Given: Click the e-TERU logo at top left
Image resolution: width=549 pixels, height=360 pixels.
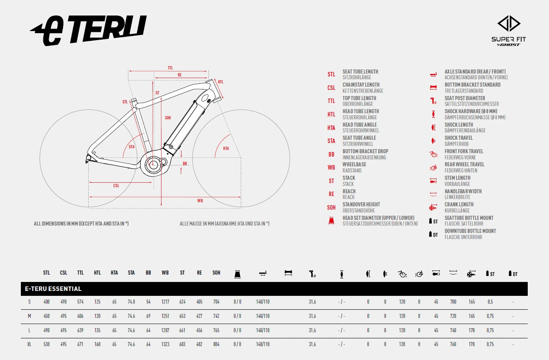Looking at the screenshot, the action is pos(88,30).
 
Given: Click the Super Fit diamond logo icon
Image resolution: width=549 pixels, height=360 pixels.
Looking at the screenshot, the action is pos(509,23).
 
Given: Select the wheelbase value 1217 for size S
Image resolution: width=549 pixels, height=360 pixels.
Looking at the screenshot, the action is pos(165,302).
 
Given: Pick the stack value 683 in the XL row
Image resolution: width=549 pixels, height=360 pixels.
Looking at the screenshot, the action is pos(182,344).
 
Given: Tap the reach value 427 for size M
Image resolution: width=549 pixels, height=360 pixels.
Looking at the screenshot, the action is pos(199,316).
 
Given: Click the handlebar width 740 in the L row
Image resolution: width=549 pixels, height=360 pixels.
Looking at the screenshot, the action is pos(453,330).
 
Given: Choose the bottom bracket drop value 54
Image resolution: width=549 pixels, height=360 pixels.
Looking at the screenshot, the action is pos(148,302).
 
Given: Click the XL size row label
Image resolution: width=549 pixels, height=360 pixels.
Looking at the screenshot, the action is pos(29,344).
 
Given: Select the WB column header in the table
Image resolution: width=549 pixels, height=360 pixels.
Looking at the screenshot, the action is pos(165,273).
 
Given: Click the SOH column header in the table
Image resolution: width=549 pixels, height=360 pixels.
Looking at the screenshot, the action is pos(216,273).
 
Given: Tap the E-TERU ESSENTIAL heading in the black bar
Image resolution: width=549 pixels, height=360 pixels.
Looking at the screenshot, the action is pos(53,288).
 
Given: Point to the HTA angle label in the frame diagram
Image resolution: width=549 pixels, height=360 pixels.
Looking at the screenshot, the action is pos(226,148).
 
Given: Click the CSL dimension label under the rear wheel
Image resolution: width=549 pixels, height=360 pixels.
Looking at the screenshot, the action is pos(116,186).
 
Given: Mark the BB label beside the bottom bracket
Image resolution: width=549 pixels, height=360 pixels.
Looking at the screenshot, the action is pos(185,164).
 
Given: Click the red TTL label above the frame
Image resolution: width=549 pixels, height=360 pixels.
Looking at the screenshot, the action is pos(170,68).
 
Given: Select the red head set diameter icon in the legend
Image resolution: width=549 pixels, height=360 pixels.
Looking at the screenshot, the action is pos(331,221).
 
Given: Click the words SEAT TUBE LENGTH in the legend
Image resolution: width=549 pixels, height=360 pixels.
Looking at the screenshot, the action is pos(360,72).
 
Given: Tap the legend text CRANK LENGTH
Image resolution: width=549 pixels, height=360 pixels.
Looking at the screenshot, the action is pos(459,204).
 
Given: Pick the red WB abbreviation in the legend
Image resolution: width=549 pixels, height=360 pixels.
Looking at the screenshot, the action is pos(332,168).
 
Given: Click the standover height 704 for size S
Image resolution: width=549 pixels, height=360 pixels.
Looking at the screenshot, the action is pos(216,302).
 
